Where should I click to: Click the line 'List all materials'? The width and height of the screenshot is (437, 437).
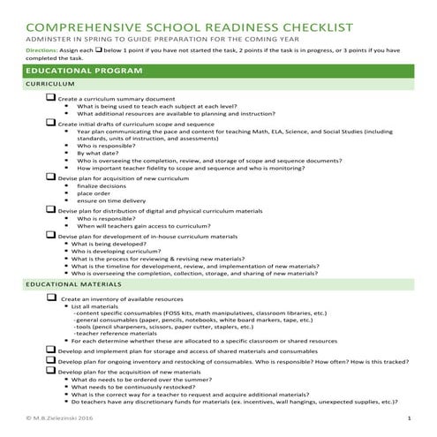click(98, 306)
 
